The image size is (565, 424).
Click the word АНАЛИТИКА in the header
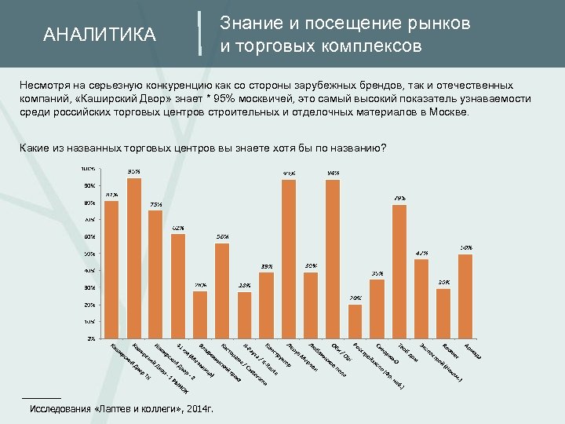point(100,35)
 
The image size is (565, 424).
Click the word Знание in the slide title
point(249,24)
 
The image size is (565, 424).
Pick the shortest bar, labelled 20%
point(355,321)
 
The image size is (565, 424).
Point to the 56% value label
point(222,236)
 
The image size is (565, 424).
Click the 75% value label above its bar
point(156,204)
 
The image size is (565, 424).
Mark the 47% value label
point(421,253)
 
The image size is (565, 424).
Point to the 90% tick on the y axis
point(89,186)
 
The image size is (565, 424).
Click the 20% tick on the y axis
point(89,305)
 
